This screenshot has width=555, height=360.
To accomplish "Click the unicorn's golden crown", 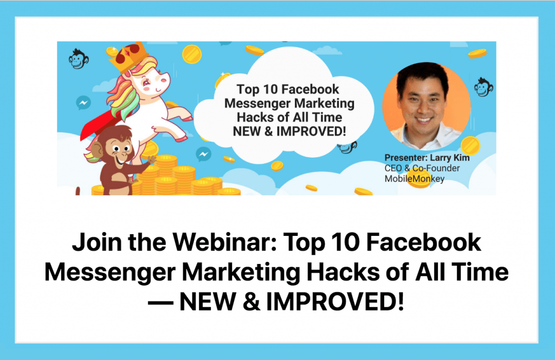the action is click(x=128, y=56).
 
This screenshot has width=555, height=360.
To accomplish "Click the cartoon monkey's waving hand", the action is click(x=152, y=160).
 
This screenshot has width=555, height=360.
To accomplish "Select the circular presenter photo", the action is click(x=427, y=107).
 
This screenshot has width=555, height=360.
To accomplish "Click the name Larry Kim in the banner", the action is click(x=449, y=158).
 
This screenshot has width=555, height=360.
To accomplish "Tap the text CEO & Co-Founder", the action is click(x=422, y=168).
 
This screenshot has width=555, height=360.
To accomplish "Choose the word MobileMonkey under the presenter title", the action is click(x=415, y=179).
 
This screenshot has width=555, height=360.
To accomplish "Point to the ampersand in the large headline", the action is click(x=251, y=302).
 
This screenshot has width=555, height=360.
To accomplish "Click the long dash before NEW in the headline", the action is click(x=160, y=303).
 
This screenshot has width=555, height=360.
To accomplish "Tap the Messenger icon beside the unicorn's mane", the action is click(x=83, y=102).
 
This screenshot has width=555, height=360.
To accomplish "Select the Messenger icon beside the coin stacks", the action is click(x=204, y=154).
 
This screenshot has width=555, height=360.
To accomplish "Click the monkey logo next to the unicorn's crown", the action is click(x=79, y=59).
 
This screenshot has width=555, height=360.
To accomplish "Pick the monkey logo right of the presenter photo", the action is click(x=483, y=87).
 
